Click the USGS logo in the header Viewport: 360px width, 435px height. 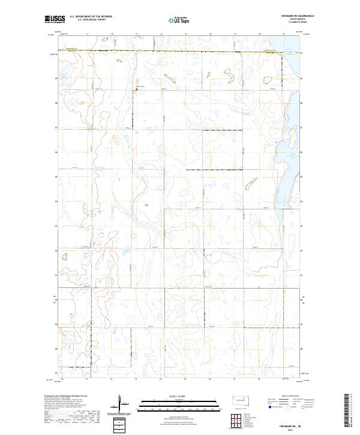point(55,20)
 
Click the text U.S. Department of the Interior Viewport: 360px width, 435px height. point(91,17)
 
